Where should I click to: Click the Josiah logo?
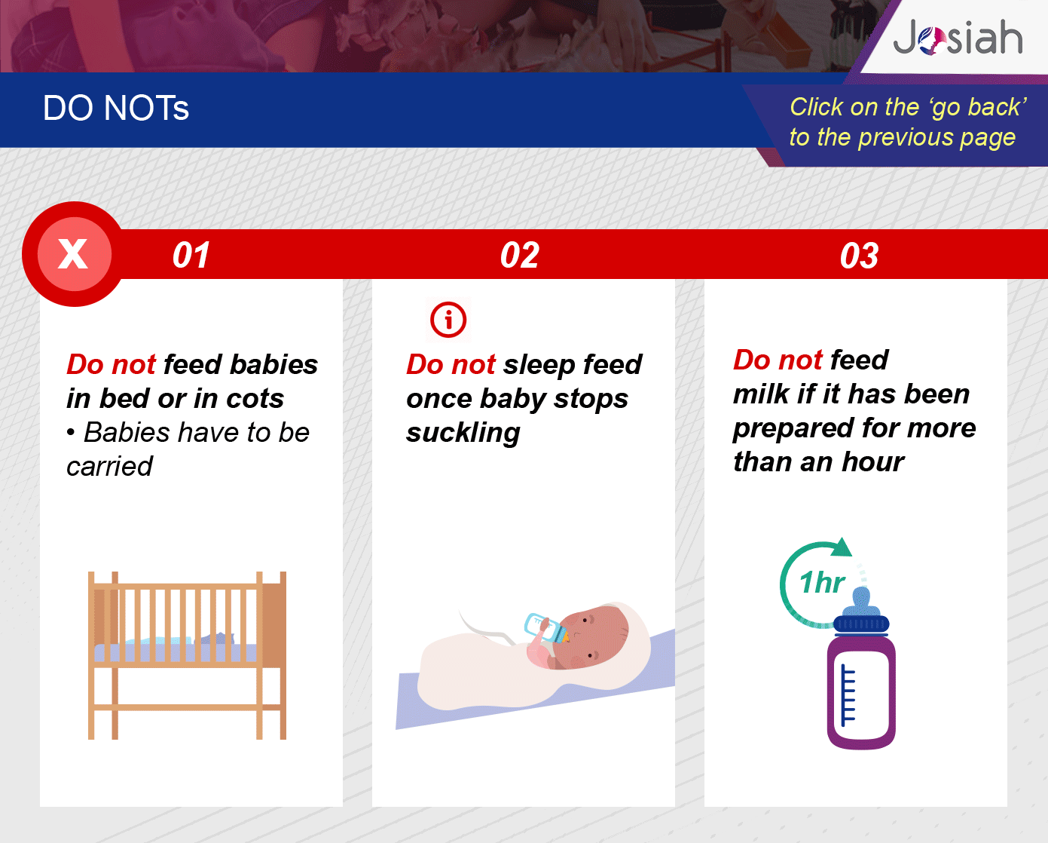click(958, 37)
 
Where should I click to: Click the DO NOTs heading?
click(116, 108)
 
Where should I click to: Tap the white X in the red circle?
click(73, 254)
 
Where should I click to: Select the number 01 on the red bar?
click(191, 255)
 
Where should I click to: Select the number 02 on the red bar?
click(520, 255)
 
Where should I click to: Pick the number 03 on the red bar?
click(859, 256)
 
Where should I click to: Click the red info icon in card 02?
click(448, 320)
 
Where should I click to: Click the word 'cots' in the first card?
click(255, 399)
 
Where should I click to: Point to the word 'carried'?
click(109, 467)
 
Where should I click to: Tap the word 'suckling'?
click(463, 434)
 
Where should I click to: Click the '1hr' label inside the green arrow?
click(822, 582)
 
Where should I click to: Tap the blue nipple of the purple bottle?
click(861, 602)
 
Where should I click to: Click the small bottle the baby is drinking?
click(546, 628)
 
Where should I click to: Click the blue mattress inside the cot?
click(176, 652)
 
